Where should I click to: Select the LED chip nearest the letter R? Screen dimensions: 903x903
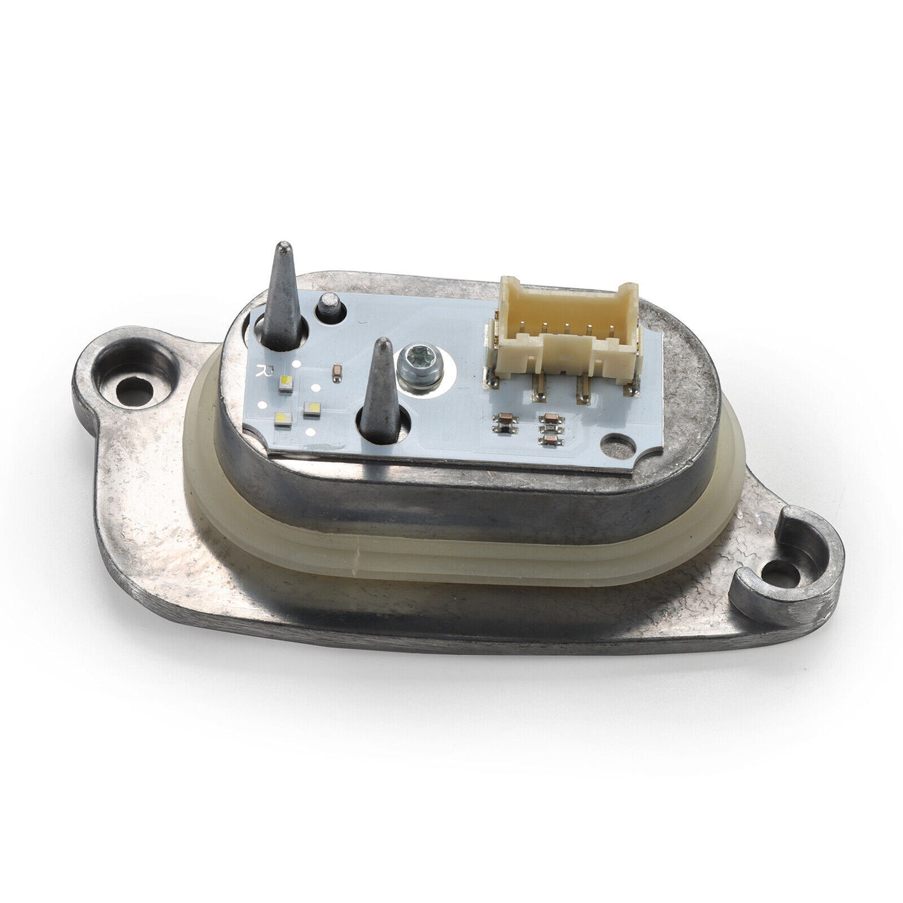pos(286,384)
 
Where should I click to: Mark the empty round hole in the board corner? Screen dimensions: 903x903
pos(617,444)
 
